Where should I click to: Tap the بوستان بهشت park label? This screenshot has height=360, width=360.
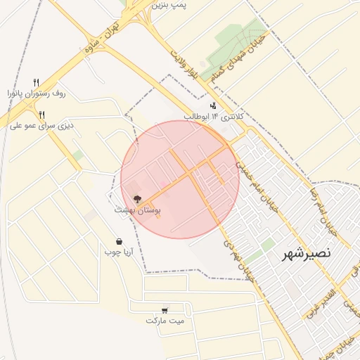pyautogui.click(x=138, y=210)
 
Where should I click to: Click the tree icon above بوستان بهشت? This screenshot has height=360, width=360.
pyautogui.click(x=137, y=200)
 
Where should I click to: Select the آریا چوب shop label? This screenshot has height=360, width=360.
pyautogui.click(x=118, y=251)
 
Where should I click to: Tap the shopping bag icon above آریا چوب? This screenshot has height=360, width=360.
pyautogui.click(x=118, y=240)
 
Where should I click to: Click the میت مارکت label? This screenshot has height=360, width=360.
pyautogui.click(x=165, y=320)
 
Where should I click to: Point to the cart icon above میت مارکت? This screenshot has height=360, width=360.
pyautogui.click(x=165, y=309)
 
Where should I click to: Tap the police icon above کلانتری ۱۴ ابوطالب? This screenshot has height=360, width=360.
pyautogui.click(x=214, y=105)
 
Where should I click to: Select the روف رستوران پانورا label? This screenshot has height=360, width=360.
pyautogui.click(x=37, y=92)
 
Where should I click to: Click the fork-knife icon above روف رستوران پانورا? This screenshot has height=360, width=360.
pyautogui.click(x=37, y=82)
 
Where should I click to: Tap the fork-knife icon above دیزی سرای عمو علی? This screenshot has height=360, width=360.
pyautogui.click(x=42, y=115)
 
